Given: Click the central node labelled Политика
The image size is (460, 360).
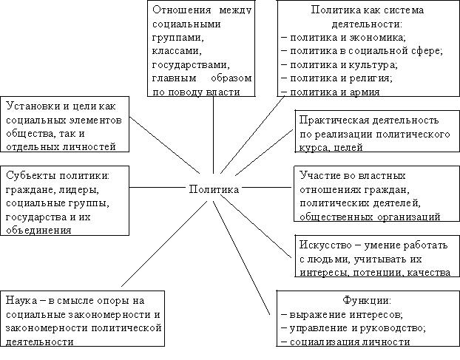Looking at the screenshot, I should pos(213,189).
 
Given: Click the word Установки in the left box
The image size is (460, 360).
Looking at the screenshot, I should pos(29,106).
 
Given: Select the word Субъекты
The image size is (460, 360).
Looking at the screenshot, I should pos(29,176).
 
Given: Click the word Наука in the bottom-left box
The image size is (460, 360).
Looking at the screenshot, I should pos(21,301).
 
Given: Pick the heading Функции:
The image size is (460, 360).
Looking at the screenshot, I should pos(367,301).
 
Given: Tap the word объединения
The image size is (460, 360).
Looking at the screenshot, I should pos(38,230).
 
